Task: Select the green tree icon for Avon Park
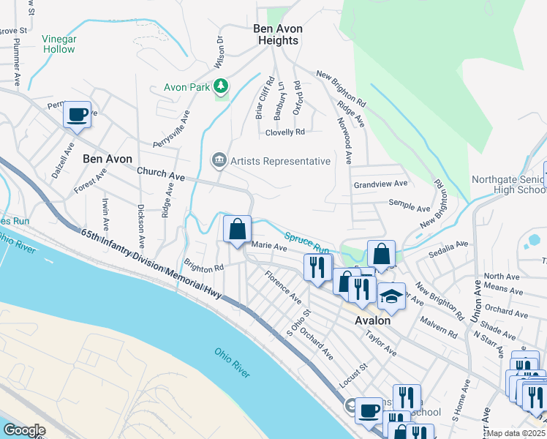point(221,87)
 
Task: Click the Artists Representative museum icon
point(219,160)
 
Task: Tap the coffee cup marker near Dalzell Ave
point(77,115)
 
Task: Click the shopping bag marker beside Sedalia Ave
point(381,255)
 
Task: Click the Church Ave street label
point(161,173)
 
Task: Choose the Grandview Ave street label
point(380,184)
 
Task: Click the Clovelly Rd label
point(284,132)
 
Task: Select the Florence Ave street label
point(282,287)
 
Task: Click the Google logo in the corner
point(25,430)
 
